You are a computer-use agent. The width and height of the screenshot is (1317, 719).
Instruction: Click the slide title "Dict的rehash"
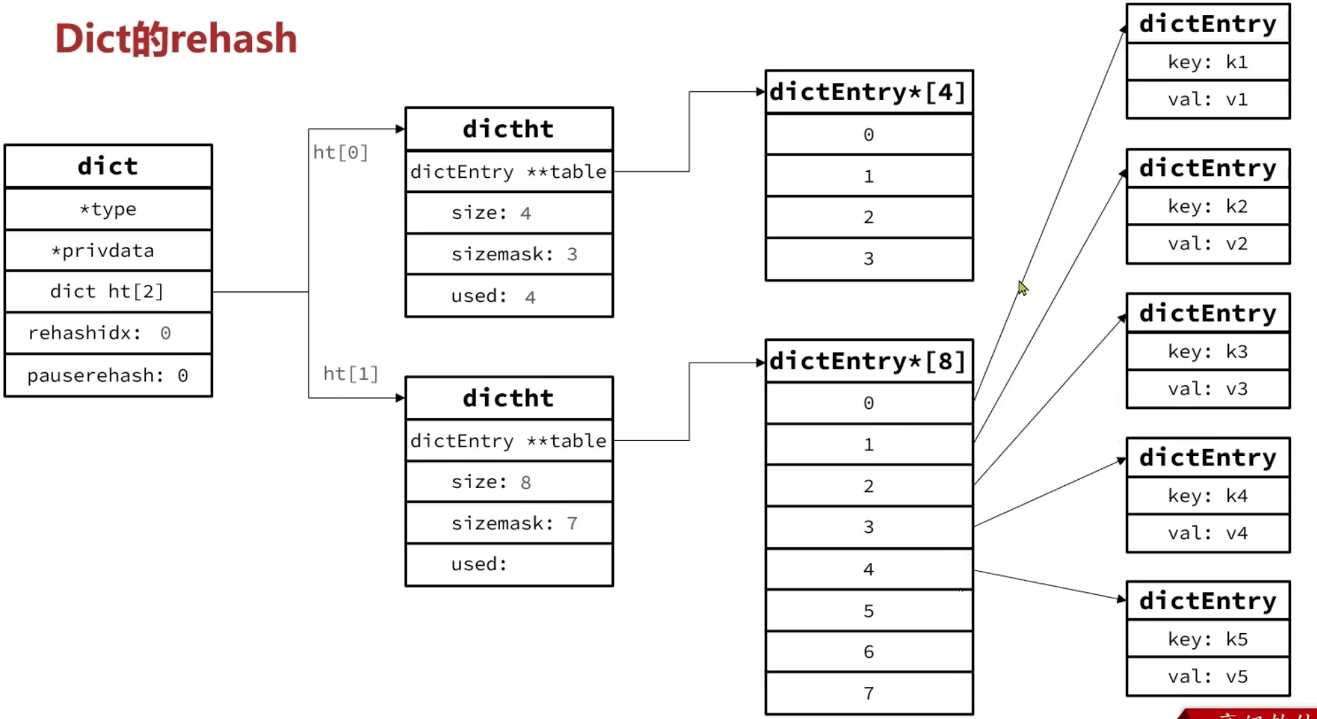176,39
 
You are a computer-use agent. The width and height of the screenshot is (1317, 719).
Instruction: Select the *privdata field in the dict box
108,250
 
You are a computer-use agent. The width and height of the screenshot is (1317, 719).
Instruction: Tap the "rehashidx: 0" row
108,333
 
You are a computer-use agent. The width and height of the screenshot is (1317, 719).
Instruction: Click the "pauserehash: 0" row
108,375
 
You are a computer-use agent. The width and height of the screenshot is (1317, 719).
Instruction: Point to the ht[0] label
340,152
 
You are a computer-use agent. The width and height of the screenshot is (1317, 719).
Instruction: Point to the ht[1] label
350,373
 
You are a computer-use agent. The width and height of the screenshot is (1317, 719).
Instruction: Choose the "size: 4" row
509,213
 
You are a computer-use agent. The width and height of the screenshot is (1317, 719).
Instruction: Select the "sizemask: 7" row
509,523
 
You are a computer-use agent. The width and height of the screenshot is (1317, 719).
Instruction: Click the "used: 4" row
509,296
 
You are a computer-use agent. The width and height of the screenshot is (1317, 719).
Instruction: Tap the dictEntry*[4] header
869,92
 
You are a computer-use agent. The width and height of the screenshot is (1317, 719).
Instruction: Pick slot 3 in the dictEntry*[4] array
869,259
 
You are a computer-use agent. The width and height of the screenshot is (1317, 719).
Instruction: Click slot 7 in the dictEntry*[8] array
869,693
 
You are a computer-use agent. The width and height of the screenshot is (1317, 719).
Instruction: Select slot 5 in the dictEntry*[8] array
869,611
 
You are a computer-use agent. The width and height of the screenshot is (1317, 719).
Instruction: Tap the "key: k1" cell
1208,62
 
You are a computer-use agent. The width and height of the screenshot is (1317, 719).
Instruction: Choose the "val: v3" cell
1208,389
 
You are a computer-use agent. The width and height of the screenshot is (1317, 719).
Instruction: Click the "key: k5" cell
1208,639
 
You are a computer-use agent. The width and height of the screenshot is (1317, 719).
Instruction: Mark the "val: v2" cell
1208,244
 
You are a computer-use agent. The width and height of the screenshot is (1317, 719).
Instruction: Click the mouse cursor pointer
1023,288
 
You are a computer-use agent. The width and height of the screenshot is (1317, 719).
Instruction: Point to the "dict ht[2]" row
108,291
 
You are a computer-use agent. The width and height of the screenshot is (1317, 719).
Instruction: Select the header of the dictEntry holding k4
1208,457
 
